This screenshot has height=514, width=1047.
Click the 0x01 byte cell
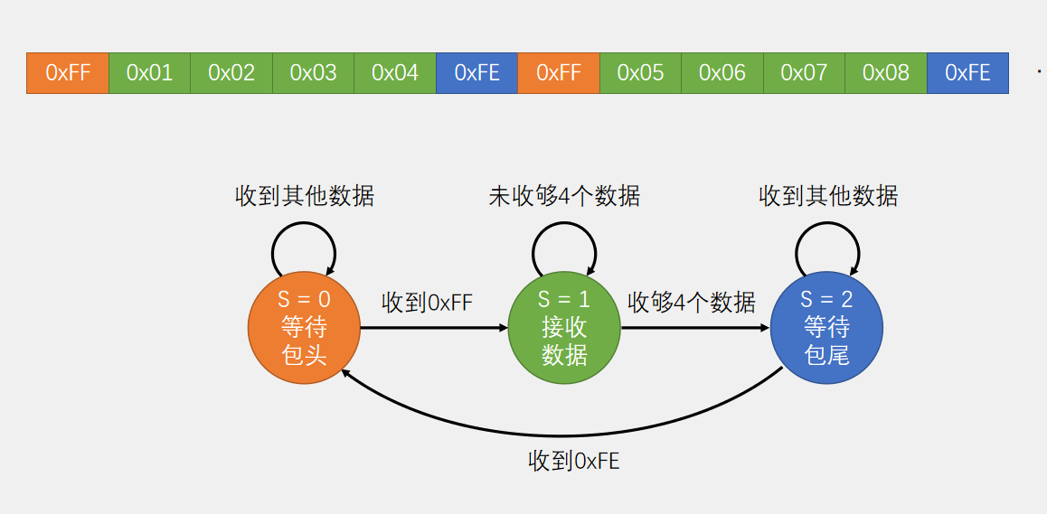(149, 73)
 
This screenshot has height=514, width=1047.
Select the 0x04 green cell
(395, 73)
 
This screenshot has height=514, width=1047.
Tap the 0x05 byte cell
(640, 73)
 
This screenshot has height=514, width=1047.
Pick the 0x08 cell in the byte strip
(886, 73)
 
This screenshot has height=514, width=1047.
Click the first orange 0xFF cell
(68, 73)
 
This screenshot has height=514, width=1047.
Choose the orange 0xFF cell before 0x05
(559, 73)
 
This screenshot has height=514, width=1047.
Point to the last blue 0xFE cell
(967, 73)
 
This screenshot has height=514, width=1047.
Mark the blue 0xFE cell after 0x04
(476, 73)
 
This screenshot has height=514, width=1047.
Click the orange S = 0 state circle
(304, 328)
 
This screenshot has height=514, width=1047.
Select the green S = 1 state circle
(564, 328)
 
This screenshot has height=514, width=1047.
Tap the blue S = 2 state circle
(826, 328)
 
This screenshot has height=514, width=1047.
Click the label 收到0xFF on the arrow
(427, 303)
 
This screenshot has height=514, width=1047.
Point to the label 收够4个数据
(692, 302)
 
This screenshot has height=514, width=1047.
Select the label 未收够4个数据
(564, 196)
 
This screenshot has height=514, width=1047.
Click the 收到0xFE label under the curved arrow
(573, 462)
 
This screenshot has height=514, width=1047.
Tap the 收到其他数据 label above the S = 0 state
(305, 196)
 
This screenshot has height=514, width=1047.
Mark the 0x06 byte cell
(722, 73)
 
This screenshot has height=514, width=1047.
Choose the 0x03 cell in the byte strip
(313, 73)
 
